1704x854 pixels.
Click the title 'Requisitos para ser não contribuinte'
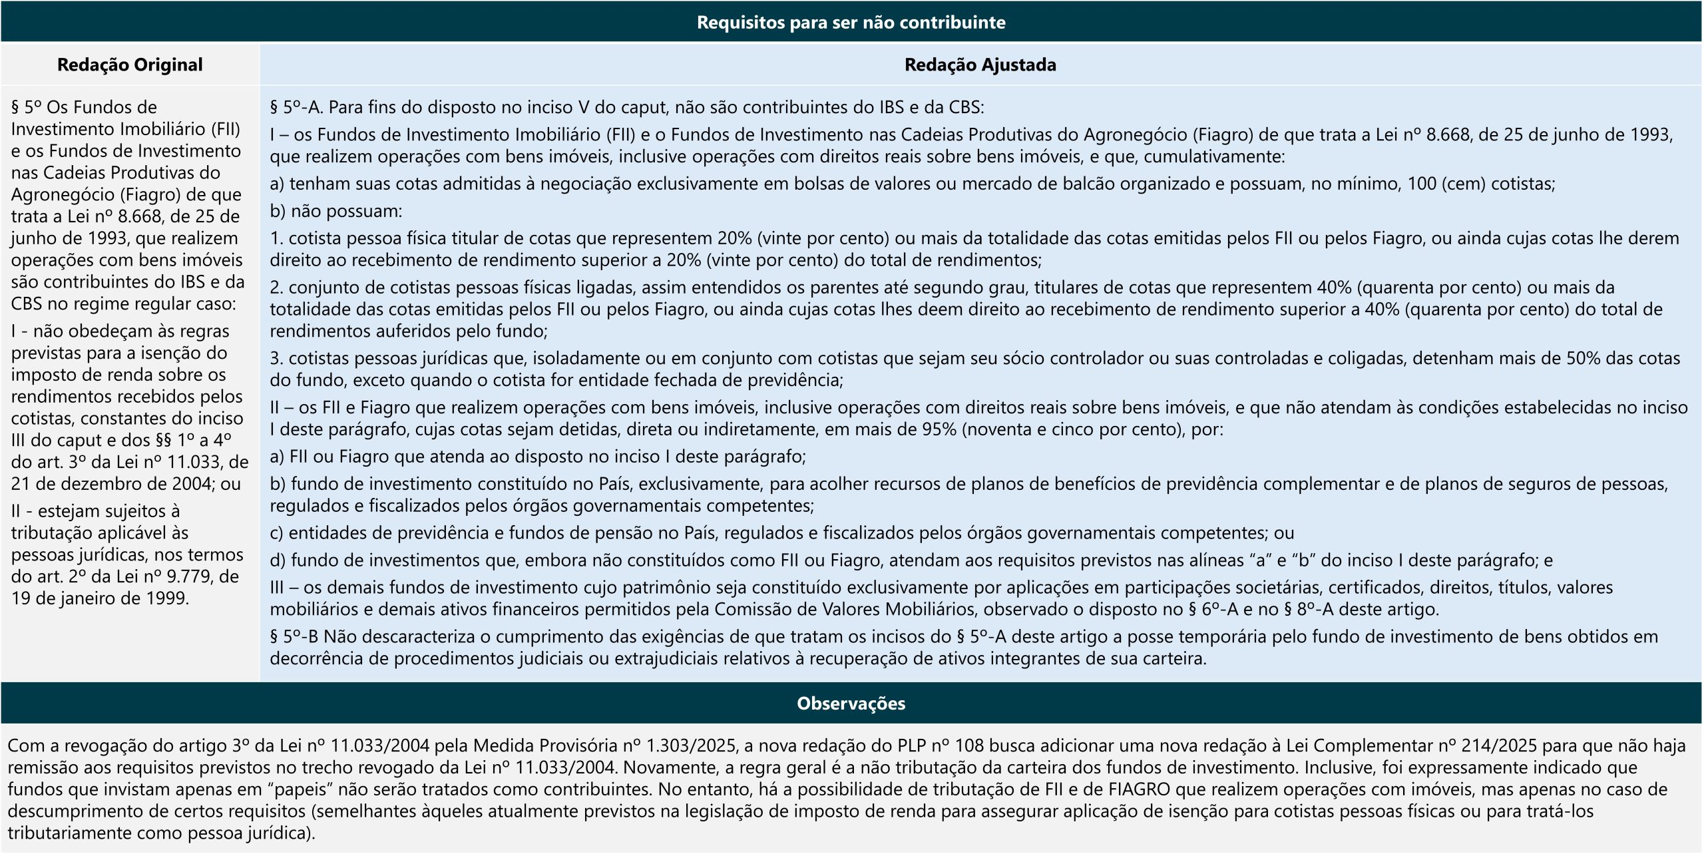pyautogui.click(x=851, y=23)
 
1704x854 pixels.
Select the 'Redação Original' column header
pyautogui.click(x=130, y=65)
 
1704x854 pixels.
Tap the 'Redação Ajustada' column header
pyautogui.click(x=980, y=65)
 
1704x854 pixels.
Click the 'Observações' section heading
pyautogui.click(x=851, y=703)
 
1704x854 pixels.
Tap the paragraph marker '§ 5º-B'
pyautogui.click(x=294, y=637)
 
